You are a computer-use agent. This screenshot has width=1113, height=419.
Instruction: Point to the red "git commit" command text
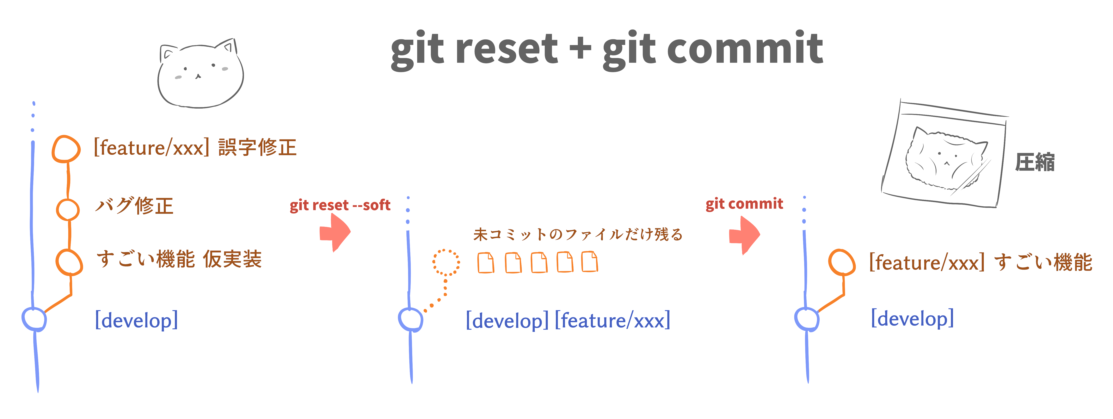pos(744,204)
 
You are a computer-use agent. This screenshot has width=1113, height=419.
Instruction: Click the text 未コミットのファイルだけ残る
pos(578,234)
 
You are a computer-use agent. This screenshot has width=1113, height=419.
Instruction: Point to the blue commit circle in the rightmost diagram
pos(806,319)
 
